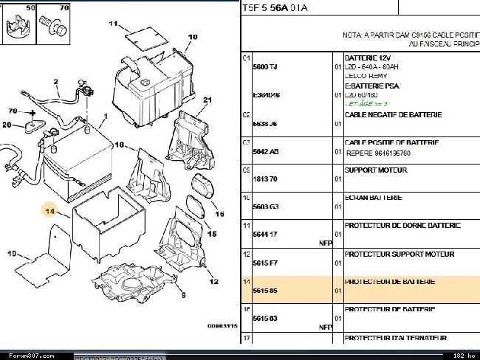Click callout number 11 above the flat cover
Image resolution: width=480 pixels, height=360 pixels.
pyautogui.click(x=113, y=24)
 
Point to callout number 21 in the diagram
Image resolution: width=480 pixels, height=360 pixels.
pyautogui.click(x=208, y=100)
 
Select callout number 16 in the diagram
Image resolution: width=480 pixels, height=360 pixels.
pyautogui.click(x=219, y=215)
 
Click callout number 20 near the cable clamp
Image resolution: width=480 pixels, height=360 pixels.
pyautogui.click(x=7, y=125)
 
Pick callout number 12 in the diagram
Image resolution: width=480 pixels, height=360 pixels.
pyautogui.click(x=214, y=281)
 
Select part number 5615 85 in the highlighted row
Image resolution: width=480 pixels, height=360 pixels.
pyautogui.click(x=264, y=291)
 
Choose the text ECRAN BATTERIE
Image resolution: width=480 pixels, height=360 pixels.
pyautogui.click(x=374, y=198)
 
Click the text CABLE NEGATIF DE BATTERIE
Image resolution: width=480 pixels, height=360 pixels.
pyautogui.click(x=393, y=114)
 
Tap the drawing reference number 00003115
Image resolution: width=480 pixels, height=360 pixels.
pyautogui.click(x=222, y=325)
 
